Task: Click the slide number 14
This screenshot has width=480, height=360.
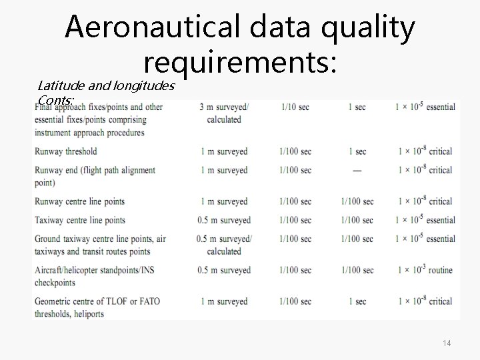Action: pos(447,343)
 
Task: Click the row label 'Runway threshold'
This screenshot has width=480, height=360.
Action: pos(65,151)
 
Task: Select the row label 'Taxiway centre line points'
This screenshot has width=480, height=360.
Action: pos(80,220)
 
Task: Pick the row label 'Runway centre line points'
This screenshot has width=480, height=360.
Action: pos(79,201)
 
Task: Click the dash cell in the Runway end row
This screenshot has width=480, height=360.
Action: pos(357,171)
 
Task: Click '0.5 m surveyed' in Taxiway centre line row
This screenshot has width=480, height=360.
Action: pos(224,220)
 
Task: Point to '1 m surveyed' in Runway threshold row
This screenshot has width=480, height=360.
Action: pos(224,151)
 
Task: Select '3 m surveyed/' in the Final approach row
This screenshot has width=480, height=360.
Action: pos(225,107)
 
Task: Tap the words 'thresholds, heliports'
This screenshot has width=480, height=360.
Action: pos(69,314)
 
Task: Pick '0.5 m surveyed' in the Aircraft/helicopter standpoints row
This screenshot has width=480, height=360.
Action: pos(224,270)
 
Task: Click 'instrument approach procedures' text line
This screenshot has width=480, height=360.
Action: pos(89,132)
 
